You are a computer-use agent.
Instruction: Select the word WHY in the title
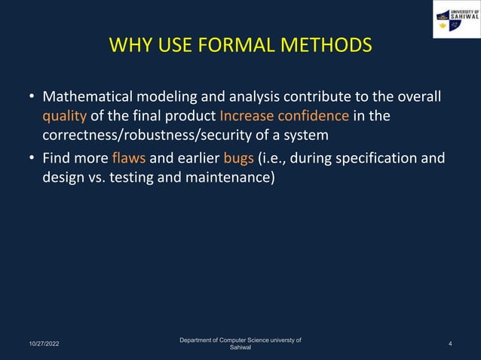(x=130, y=46)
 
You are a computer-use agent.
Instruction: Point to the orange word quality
(x=64, y=117)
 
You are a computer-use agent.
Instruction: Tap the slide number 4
(x=450, y=343)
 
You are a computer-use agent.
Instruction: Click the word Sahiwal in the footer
(x=240, y=348)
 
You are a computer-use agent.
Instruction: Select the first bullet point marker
(x=31, y=98)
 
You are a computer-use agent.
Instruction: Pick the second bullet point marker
(x=31, y=160)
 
